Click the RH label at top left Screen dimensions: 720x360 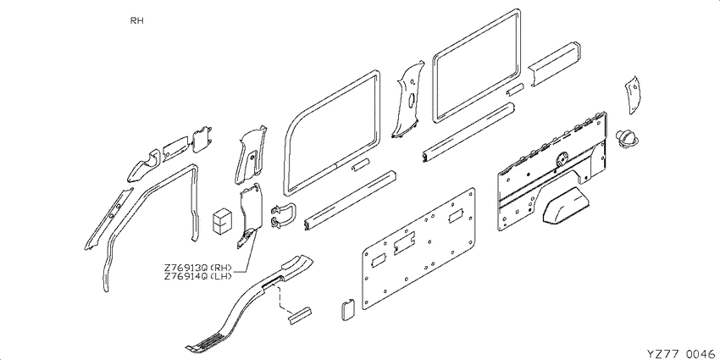tap(137, 20)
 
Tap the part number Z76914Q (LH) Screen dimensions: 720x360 tap(197, 276)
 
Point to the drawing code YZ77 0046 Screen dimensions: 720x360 tap(680, 353)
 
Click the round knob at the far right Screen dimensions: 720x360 tap(627, 138)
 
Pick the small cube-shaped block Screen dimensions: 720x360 tap(222, 220)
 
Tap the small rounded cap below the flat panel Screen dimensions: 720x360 tap(347, 309)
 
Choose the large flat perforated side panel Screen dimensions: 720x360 tap(418, 248)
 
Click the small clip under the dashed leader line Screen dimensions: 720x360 tap(300, 314)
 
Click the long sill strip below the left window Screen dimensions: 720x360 tap(350, 200)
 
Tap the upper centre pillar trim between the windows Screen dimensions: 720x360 tap(407, 101)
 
